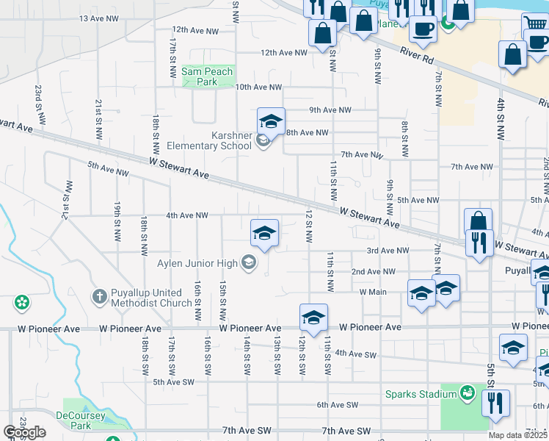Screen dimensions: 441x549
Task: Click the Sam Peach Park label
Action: pyautogui.click(x=207, y=76)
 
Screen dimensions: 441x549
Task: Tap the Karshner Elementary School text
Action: pyautogui.click(x=209, y=140)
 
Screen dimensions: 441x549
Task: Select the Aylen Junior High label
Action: pyautogui.click(x=197, y=263)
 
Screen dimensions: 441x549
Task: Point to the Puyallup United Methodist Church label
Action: pyautogui.click(x=151, y=297)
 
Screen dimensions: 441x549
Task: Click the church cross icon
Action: pyautogui.click(x=100, y=296)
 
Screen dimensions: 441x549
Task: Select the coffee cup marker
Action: pyautogui.click(x=422, y=29)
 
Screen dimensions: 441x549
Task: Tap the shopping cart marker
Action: pyautogui.click(x=535, y=26)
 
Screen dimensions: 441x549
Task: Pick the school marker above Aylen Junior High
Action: pyautogui.click(x=264, y=234)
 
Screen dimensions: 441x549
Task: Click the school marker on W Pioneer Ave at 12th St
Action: pyautogui.click(x=313, y=318)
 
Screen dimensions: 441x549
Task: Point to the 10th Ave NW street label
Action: pyautogui.click(x=258, y=87)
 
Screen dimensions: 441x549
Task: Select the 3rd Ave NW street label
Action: pyautogui.click(x=388, y=251)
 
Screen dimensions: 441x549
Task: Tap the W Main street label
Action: pyautogui.click(x=373, y=292)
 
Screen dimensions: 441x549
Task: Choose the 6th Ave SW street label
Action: pyautogui.click(x=337, y=405)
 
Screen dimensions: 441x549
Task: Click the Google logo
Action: pyautogui.click(x=24, y=432)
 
